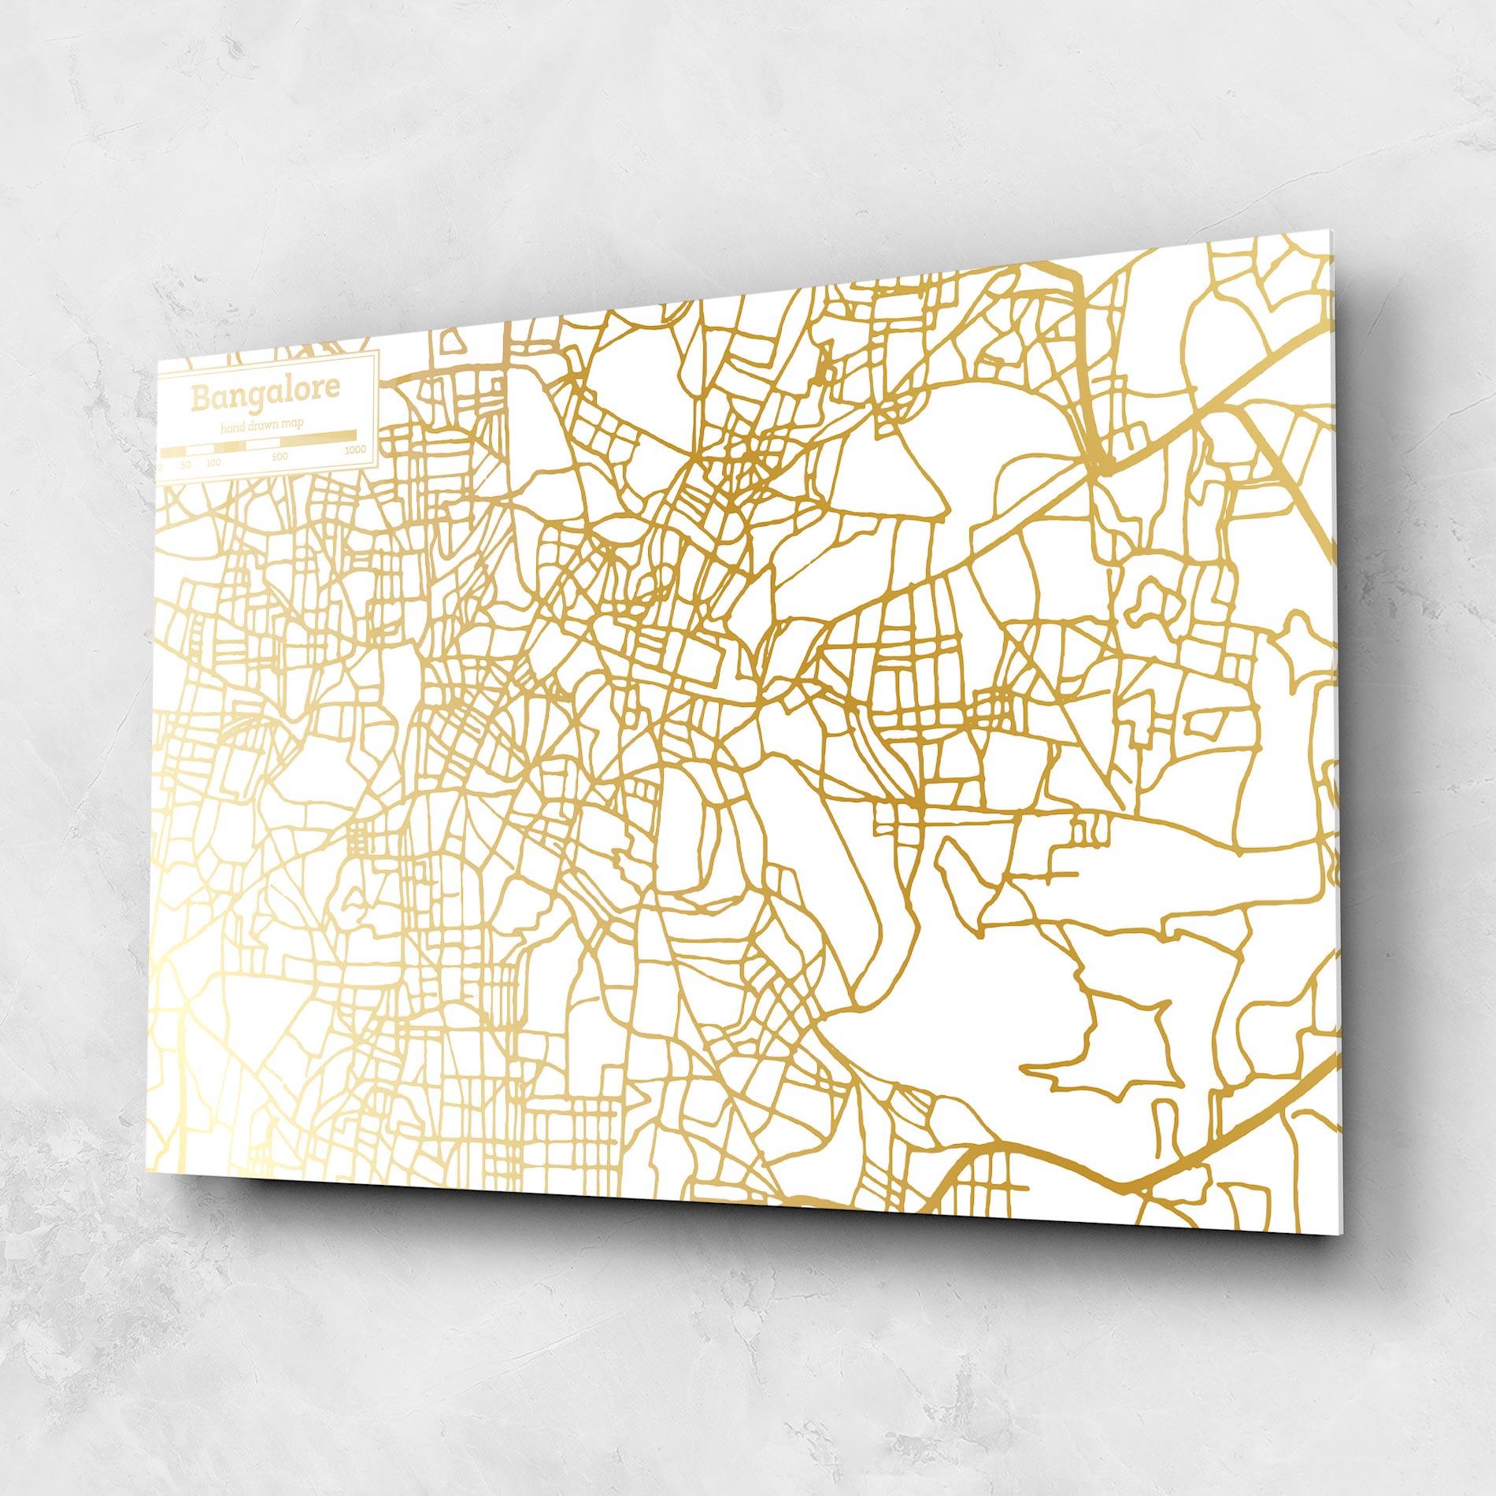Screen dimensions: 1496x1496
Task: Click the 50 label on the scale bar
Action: [185, 465]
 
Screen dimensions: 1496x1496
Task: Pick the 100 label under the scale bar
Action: [213, 463]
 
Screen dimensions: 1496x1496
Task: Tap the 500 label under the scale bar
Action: [280, 457]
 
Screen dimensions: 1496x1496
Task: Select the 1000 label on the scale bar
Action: [354, 450]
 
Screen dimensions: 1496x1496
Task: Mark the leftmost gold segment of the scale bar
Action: [172, 453]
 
